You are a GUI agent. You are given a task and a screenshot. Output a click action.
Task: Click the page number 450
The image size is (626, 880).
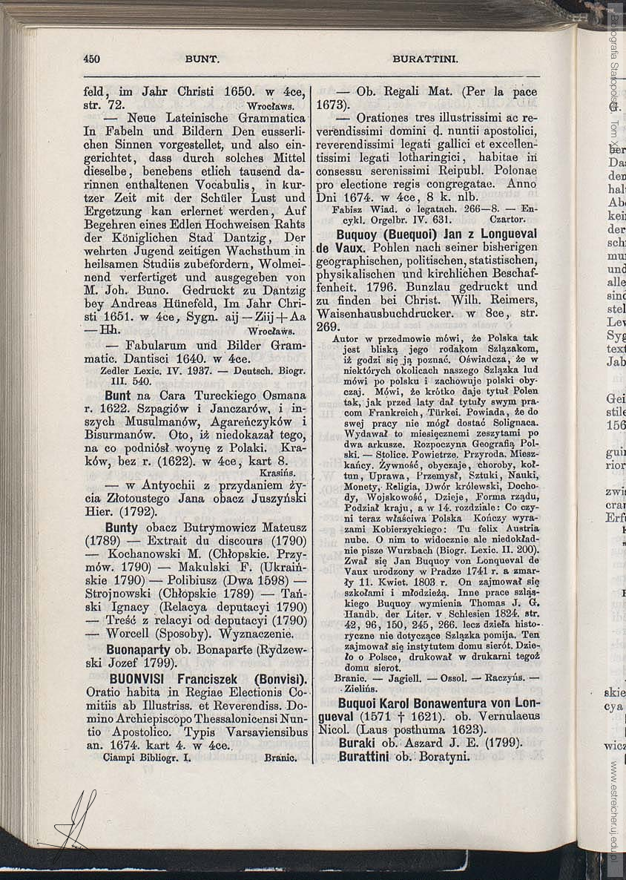click(x=92, y=59)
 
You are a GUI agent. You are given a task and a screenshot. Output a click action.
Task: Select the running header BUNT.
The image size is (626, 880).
click(x=200, y=59)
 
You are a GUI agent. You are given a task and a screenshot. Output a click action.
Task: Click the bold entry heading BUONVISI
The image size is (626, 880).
click(x=146, y=679)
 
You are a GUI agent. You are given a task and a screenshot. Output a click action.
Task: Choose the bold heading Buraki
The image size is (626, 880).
click(x=358, y=743)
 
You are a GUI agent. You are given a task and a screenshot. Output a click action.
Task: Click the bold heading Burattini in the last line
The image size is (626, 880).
click(x=364, y=757)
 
